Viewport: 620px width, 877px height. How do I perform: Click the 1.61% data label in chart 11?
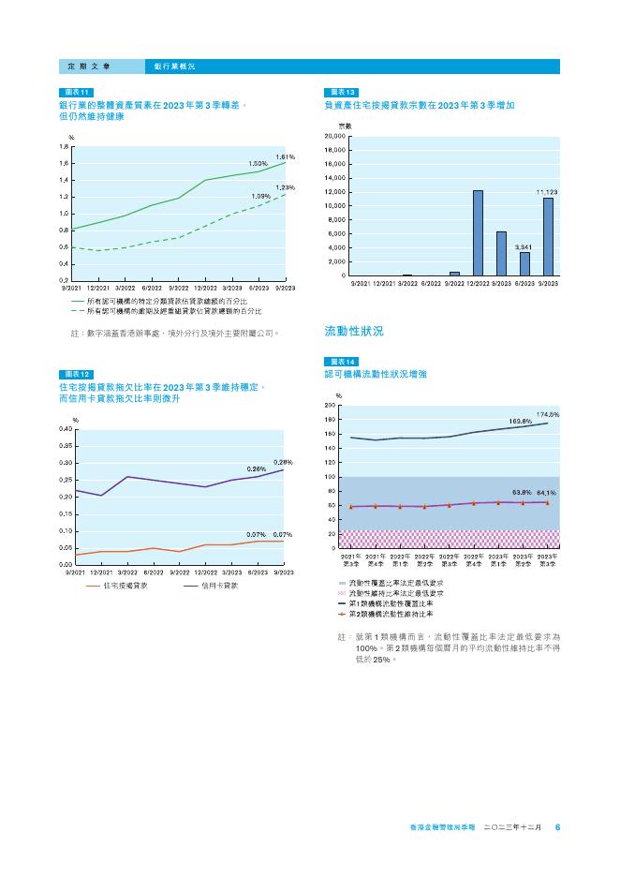point(286,156)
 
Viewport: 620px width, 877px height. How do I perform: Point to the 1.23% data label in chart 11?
point(286,187)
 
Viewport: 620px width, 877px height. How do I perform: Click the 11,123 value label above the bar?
point(547,191)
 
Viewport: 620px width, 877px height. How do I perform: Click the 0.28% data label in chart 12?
point(283,462)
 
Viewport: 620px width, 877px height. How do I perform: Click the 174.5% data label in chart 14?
point(548,413)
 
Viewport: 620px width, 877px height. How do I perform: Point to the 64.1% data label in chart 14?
point(547,492)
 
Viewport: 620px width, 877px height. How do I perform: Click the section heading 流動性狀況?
point(353,331)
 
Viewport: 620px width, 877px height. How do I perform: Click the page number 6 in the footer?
point(557,827)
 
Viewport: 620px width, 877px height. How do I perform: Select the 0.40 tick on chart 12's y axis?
point(65,428)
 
